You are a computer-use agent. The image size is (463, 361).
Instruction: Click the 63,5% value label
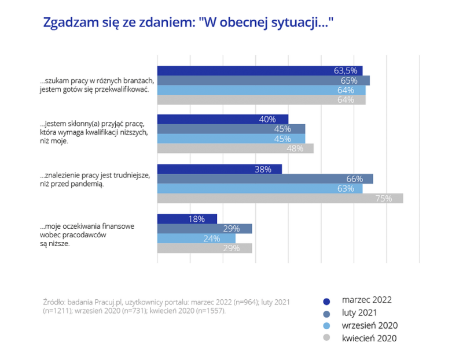pyautogui.click(x=346, y=70)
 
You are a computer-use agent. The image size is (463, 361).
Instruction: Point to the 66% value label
pyautogui.click(x=354, y=178)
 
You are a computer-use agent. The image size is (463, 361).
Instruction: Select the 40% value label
pyautogui.click(x=267, y=119)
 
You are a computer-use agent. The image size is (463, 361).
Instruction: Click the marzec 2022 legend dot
pyautogui.click(x=326, y=300)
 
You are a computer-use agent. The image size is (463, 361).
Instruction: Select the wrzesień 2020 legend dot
pyautogui.click(x=326, y=326)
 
